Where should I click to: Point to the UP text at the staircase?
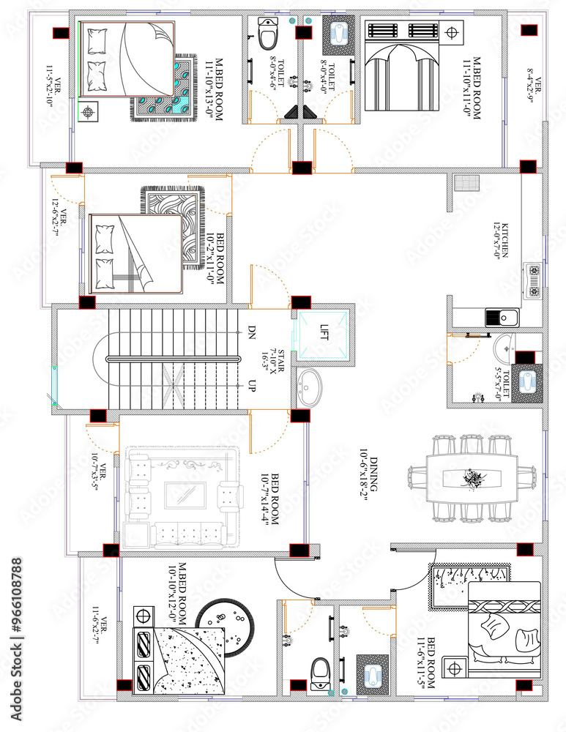point(251,385)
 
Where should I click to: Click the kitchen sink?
point(504,317)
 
